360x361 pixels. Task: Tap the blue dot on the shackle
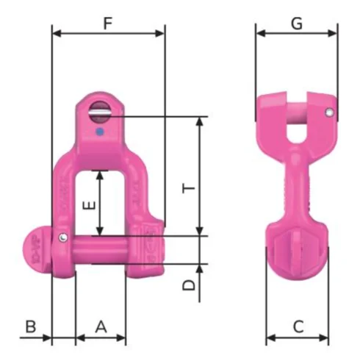(x=99, y=132)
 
